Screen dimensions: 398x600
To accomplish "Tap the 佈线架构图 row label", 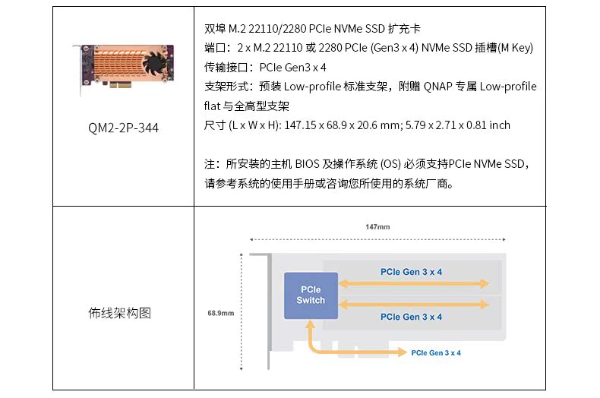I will [x=120, y=313].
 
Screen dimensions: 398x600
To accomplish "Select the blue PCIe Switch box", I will [x=311, y=295].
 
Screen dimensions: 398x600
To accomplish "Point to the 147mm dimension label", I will [x=377, y=227].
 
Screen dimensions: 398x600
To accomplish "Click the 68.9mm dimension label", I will [x=220, y=312].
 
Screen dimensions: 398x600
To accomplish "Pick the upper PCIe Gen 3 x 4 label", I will [x=411, y=272].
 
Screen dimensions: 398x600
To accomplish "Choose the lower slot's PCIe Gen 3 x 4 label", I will [x=411, y=317].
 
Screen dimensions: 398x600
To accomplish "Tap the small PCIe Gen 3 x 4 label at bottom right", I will [x=436, y=352].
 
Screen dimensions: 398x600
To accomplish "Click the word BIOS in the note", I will [x=306, y=164].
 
